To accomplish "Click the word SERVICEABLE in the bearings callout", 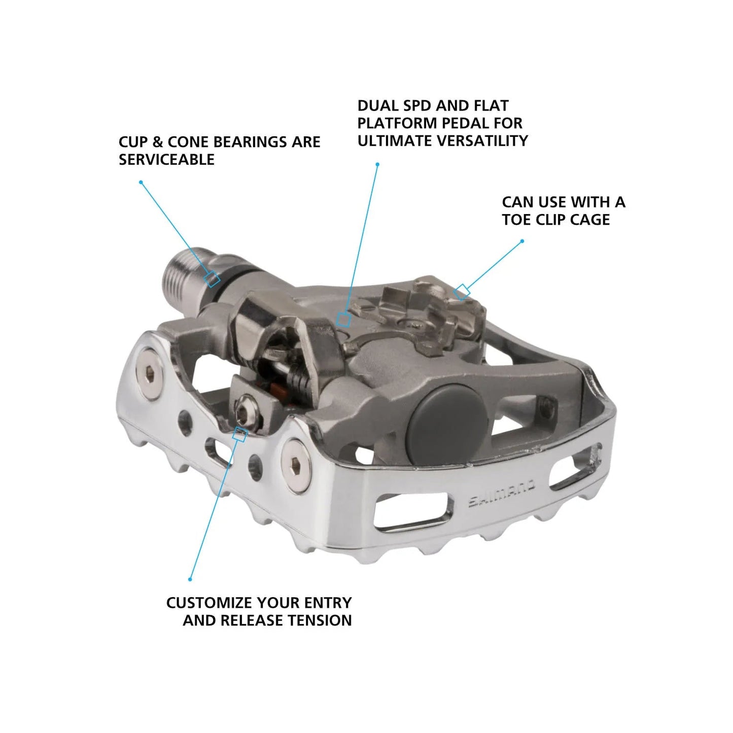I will click(x=166, y=159).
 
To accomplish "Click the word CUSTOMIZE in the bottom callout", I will click(x=209, y=603).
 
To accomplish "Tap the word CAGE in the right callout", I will click(x=589, y=220).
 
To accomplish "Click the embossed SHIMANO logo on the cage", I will click(x=501, y=494).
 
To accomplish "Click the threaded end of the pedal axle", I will click(x=179, y=277).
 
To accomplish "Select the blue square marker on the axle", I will click(x=212, y=279).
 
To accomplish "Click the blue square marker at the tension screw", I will click(x=239, y=434).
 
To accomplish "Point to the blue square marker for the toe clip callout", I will click(x=461, y=292).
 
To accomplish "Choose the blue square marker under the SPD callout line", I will click(x=343, y=319).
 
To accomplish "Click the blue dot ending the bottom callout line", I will click(x=190, y=579).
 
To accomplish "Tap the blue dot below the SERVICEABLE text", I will click(x=141, y=182).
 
